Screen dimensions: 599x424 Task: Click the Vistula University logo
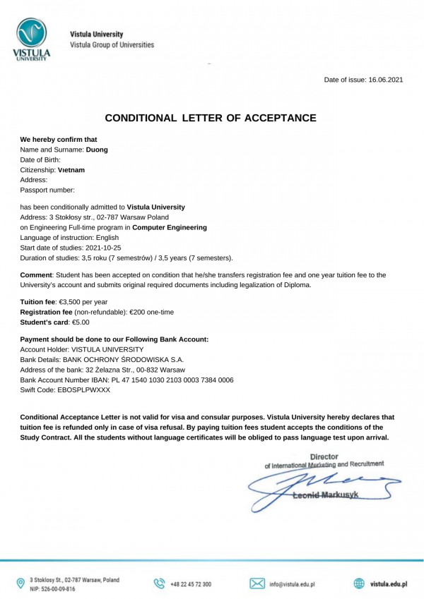tap(31, 40)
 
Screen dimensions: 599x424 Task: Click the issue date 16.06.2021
tap(385, 79)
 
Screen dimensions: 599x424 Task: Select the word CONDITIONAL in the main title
tap(141, 118)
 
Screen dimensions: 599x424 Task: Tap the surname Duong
tap(97, 150)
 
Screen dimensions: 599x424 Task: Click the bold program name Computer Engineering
tap(170, 228)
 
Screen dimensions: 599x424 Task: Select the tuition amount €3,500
tap(70, 301)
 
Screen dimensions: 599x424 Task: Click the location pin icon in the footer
tap(20, 583)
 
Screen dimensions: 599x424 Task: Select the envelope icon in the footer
tap(257, 583)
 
